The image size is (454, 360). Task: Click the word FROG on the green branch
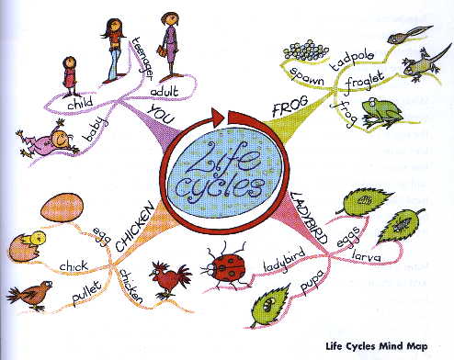(290, 107)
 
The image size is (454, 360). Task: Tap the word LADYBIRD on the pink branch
(309, 218)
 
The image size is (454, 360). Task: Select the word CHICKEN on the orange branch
(135, 227)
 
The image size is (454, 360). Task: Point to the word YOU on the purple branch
(162, 114)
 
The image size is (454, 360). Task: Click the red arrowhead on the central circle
(219, 117)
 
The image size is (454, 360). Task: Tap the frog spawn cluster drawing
(305, 50)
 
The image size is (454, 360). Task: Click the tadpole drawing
(410, 34)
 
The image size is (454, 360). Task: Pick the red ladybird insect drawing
(225, 265)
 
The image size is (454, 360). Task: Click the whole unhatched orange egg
(62, 208)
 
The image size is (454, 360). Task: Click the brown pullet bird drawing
(29, 295)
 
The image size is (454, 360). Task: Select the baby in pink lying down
(48, 139)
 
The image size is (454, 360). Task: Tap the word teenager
(142, 59)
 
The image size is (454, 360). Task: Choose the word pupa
(312, 282)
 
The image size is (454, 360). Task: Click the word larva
(367, 256)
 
